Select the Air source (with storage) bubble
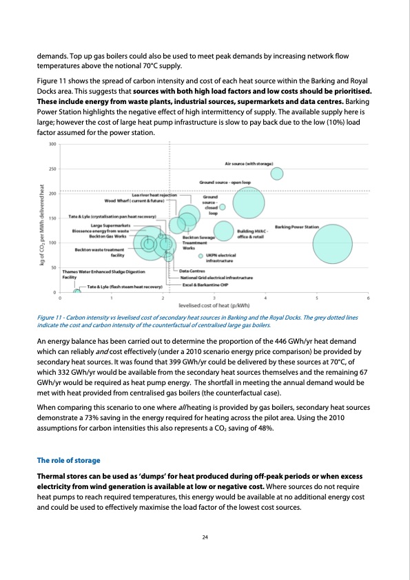(277, 174)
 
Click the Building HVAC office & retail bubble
(223, 231)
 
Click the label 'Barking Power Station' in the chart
(296, 226)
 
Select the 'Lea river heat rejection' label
(154, 195)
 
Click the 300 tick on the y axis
(52, 144)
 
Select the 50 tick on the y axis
(54, 267)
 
